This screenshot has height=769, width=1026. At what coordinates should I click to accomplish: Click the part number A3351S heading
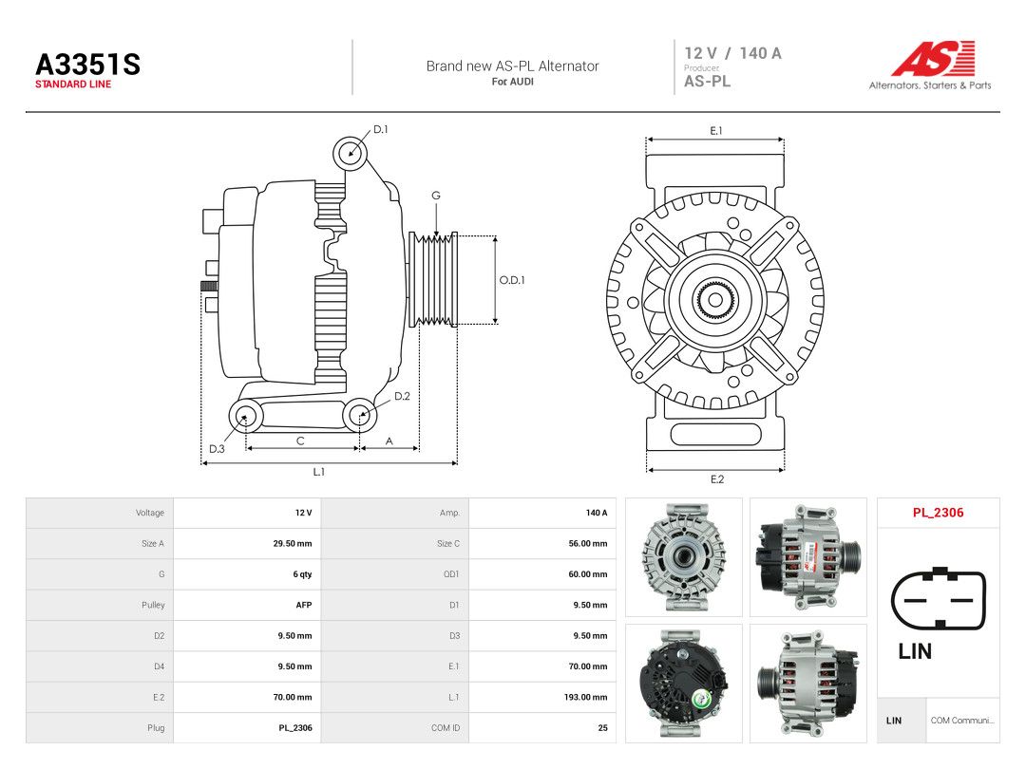pos(87,65)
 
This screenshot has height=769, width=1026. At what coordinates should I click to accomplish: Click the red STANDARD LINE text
pos(73,84)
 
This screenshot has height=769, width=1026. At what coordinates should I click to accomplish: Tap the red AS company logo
pos(933,58)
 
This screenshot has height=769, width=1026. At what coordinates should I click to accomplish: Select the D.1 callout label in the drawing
pos(380,129)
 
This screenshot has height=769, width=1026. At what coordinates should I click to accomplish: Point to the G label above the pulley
pos(436,196)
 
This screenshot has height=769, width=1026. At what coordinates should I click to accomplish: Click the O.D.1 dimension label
pos(512,280)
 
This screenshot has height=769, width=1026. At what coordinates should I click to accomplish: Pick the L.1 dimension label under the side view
pos(318,472)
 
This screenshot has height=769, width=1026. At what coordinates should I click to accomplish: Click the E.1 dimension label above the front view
pos(716,131)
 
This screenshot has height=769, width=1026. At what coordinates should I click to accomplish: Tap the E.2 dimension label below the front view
pos(717,479)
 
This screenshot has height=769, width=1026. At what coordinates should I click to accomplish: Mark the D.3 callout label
pos(217,448)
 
